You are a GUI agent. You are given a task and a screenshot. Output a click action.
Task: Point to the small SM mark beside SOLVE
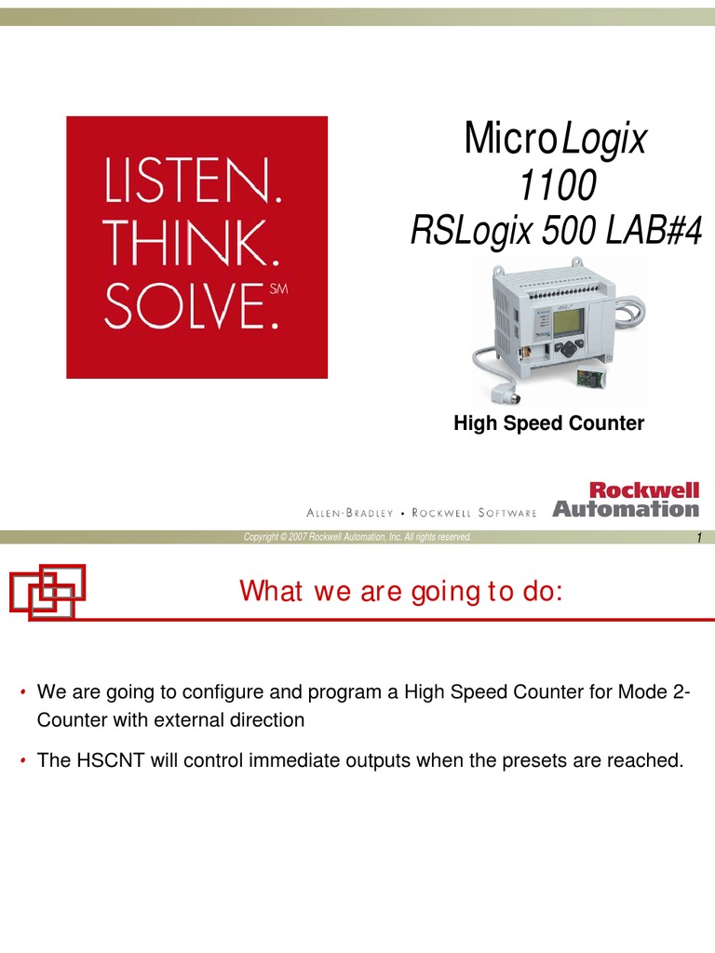pos(278,289)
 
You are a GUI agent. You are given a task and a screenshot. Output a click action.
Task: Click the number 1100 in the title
pos(557,185)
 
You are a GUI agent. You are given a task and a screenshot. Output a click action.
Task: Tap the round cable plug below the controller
pos(505,396)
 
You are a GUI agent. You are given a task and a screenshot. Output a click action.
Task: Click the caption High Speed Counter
pos(549,423)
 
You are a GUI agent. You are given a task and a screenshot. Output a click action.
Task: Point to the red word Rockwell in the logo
pos(644,490)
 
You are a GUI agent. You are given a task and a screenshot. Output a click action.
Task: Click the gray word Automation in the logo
pos(626,509)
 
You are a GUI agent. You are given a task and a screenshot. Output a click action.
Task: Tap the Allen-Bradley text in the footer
pos(350,513)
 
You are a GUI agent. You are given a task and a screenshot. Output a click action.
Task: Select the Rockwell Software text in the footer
pos(474,513)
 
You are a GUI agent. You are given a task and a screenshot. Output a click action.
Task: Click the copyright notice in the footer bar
pos(357,537)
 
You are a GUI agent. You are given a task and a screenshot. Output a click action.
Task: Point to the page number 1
pos(699,537)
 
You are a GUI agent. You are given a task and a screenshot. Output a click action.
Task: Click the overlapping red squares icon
pos(47,592)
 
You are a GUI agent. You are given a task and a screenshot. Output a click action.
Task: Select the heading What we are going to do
pos(401,591)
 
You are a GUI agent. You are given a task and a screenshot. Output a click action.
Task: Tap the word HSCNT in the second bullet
pos(111,760)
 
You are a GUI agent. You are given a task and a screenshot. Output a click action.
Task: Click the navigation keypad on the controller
pos(570,349)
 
